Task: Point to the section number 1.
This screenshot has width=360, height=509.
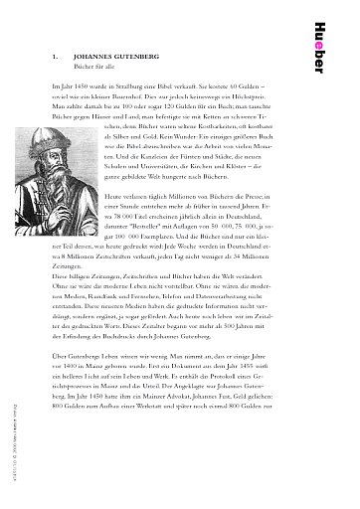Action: [52, 60]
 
